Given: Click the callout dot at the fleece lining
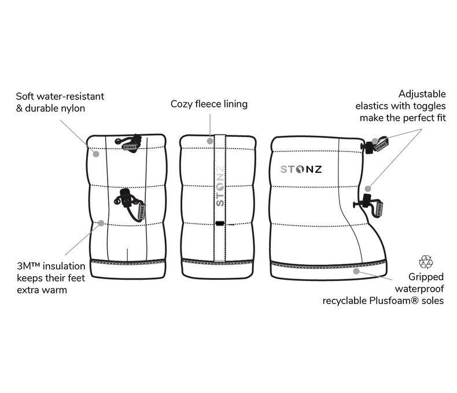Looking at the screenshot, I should pyautogui.click(x=209, y=139).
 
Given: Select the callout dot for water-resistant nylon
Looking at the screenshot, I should pyautogui.click(x=97, y=154).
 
